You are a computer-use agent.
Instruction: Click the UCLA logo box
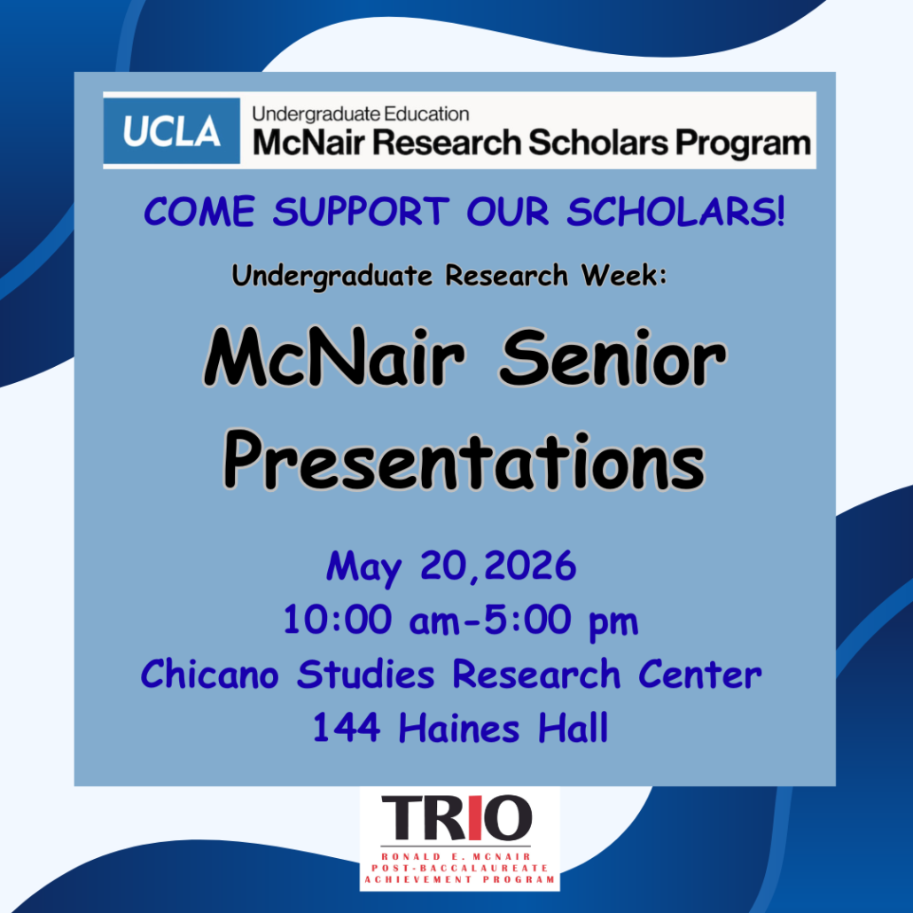pos(172,131)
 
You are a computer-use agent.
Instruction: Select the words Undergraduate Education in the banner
pos(361,114)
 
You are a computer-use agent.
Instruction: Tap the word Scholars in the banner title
pos(598,143)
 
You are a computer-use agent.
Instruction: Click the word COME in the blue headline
pos(199,211)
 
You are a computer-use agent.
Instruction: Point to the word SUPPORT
pos(361,211)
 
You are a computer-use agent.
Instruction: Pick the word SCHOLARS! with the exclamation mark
pos(676,211)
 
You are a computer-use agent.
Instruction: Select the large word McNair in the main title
pos(334,357)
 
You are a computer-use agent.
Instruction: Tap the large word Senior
pos(613,357)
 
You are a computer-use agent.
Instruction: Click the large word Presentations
pos(464,462)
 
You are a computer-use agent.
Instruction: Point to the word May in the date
pos(364,567)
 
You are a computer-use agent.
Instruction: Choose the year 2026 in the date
pos(530,566)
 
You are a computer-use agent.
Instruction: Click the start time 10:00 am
pos(371,620)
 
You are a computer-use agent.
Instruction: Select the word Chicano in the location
pos(209,675)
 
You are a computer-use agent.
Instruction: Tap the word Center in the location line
pos(700,675)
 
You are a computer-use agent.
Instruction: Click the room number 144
pos(347,728)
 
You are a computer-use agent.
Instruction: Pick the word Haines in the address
pos(459,728)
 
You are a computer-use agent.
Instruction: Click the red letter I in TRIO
pos(475,818)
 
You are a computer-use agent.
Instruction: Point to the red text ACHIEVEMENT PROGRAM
pos(460,879)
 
